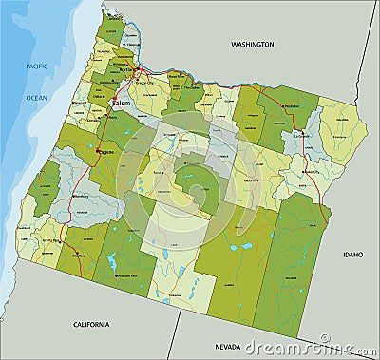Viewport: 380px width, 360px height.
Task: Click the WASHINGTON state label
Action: [253, 44]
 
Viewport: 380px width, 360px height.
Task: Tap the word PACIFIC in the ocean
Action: [37, 65]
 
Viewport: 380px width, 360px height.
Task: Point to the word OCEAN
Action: [36, 98]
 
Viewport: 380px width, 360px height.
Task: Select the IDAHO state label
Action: [353, 254]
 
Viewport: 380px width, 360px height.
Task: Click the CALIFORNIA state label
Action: [99, 324]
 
